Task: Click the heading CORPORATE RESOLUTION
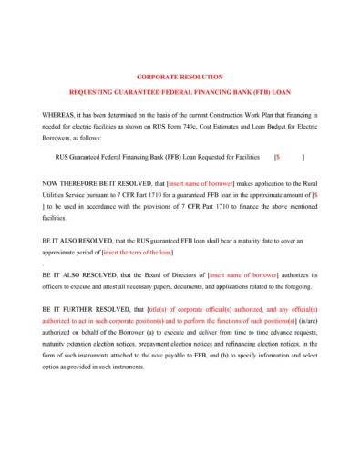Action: pyautogui.click(x=179, y=77)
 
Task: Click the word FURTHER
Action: pyautogui.click(x=77, y=309)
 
